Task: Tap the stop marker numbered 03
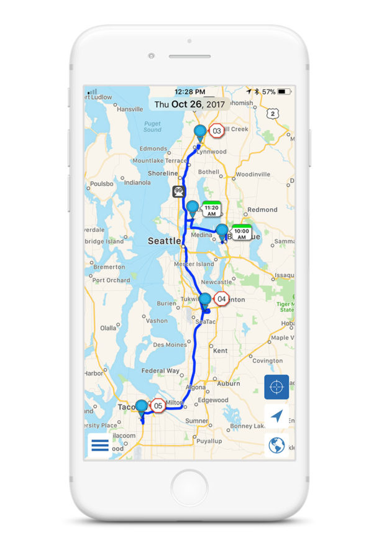[x=217, y=131]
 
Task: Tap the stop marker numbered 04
[x=222, y=299]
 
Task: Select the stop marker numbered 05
[x=158, y=406]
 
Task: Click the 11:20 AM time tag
[x=212, y=210]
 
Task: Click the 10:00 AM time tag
[x=242, y=233]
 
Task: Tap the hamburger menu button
[x=100, y=445]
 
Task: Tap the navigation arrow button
[x=276, y=416]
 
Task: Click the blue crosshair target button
[x=276, y=387]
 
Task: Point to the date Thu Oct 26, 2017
[x=189, y=104]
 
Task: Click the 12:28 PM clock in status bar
[x=189, y=91]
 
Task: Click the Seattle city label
[x=164, y=241]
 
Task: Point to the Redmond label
[x=262, y=209]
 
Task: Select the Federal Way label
[x=162, y=370]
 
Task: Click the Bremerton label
[x=109, y=267]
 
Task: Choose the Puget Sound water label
[x=152, y=127]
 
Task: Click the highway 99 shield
[x=180, y=191]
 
